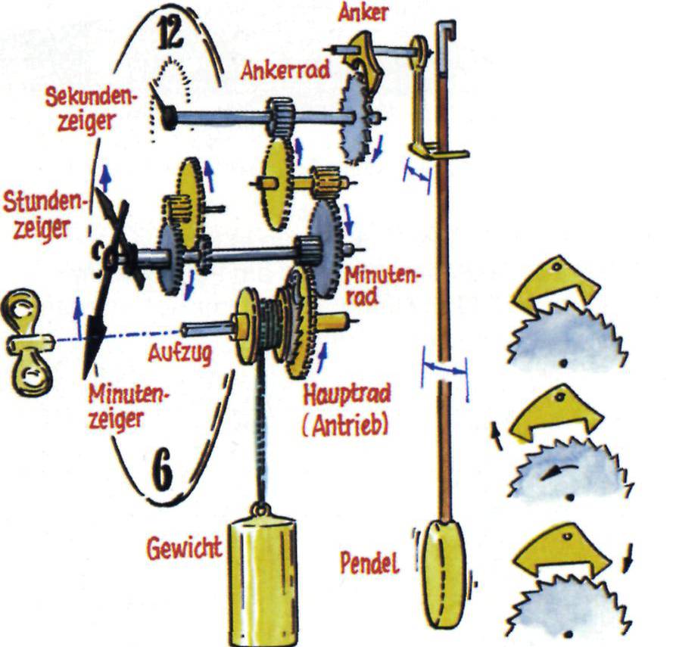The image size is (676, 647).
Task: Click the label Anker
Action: pyautogui.click(x=363, y=13)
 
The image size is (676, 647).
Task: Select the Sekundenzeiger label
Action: pyautogui.click(x=89, y=110)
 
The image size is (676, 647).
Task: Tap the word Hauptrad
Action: pyautogui.click(x=347, y=394)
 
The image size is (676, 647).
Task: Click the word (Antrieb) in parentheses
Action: pyautogui.click(x=345, y=425)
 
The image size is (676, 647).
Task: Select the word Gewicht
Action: pyautogui.click(x=185, y=547)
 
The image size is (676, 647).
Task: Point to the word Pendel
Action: pyautogui.click(x=370, y=563)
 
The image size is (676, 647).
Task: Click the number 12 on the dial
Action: pyautogui.click(x=170, y=34)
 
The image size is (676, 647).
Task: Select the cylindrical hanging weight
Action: pyautogui.click(x=263, y=578)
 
